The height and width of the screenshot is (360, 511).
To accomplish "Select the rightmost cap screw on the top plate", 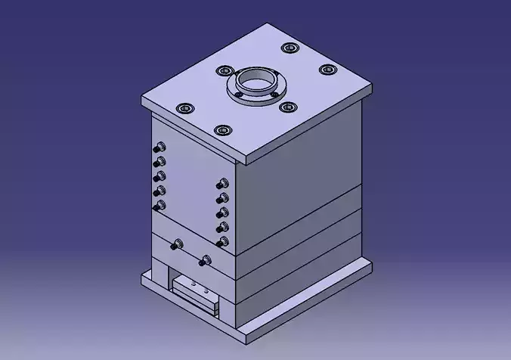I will (327, 70).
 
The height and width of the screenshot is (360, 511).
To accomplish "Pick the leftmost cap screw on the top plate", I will (184, 109).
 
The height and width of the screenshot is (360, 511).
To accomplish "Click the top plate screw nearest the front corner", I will (221, 130).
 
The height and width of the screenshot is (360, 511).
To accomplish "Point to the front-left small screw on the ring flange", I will (237, 95).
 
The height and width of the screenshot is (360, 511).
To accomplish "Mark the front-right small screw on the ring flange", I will (274, 94).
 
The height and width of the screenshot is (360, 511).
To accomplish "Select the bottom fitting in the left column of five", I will (157, 205).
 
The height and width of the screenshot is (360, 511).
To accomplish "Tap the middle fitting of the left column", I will (159, 176).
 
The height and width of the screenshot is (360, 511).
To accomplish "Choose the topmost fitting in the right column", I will (221, 184).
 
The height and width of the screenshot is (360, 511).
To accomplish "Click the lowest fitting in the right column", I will (221, 242).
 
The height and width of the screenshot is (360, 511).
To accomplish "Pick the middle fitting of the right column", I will (221, 213).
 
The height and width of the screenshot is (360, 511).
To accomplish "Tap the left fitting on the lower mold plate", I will (177, 244).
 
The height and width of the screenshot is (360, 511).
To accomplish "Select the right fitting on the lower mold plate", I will (202, 261).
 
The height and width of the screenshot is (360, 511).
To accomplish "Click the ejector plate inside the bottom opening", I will (195, 290).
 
